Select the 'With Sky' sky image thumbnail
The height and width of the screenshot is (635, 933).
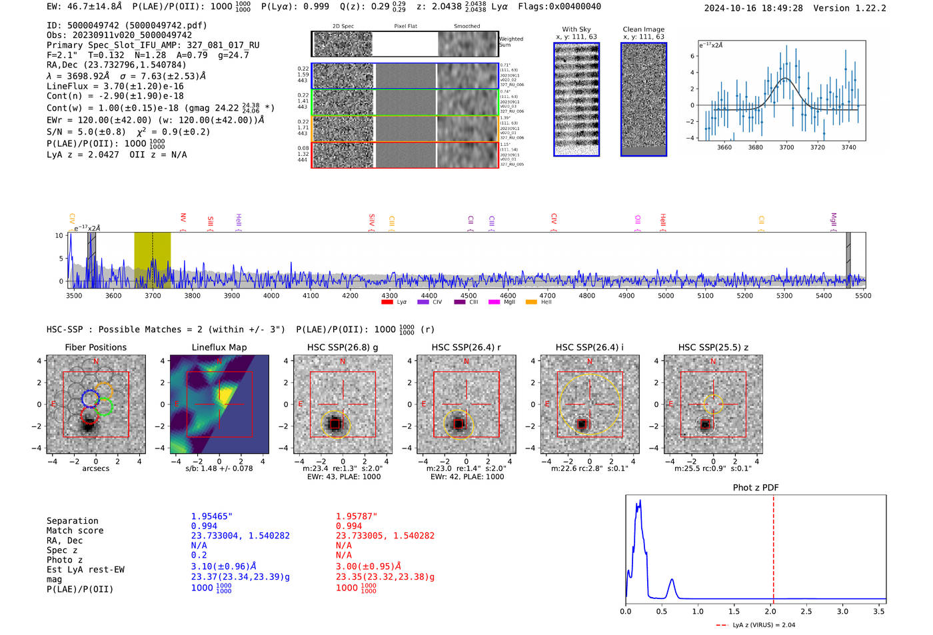click(576, 99)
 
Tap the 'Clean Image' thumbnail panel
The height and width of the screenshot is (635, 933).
click(643, 99)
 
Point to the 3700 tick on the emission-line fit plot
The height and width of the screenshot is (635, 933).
click(786, 147)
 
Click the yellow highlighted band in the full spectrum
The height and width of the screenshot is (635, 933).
click(152, 260)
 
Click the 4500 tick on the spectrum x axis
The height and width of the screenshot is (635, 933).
click(468, 295)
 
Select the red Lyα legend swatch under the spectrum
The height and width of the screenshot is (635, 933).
click(387, 302)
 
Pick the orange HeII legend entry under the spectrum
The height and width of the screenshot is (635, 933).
click(532, 302)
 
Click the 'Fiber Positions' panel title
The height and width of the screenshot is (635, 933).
click(95, 347)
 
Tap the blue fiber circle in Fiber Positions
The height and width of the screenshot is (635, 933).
click(90, 398)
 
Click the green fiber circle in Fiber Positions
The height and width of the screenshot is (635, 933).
click(104, 406)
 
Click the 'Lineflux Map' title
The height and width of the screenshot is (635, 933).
click(219, 347)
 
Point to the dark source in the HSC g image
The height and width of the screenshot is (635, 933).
click(335, 424)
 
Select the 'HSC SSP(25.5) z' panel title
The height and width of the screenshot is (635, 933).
click(713, 347)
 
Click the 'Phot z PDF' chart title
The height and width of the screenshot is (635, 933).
click(756, 487)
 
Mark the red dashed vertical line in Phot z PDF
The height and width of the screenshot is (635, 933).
click(773, 546)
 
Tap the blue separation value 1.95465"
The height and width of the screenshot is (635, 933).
click(212, 516)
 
